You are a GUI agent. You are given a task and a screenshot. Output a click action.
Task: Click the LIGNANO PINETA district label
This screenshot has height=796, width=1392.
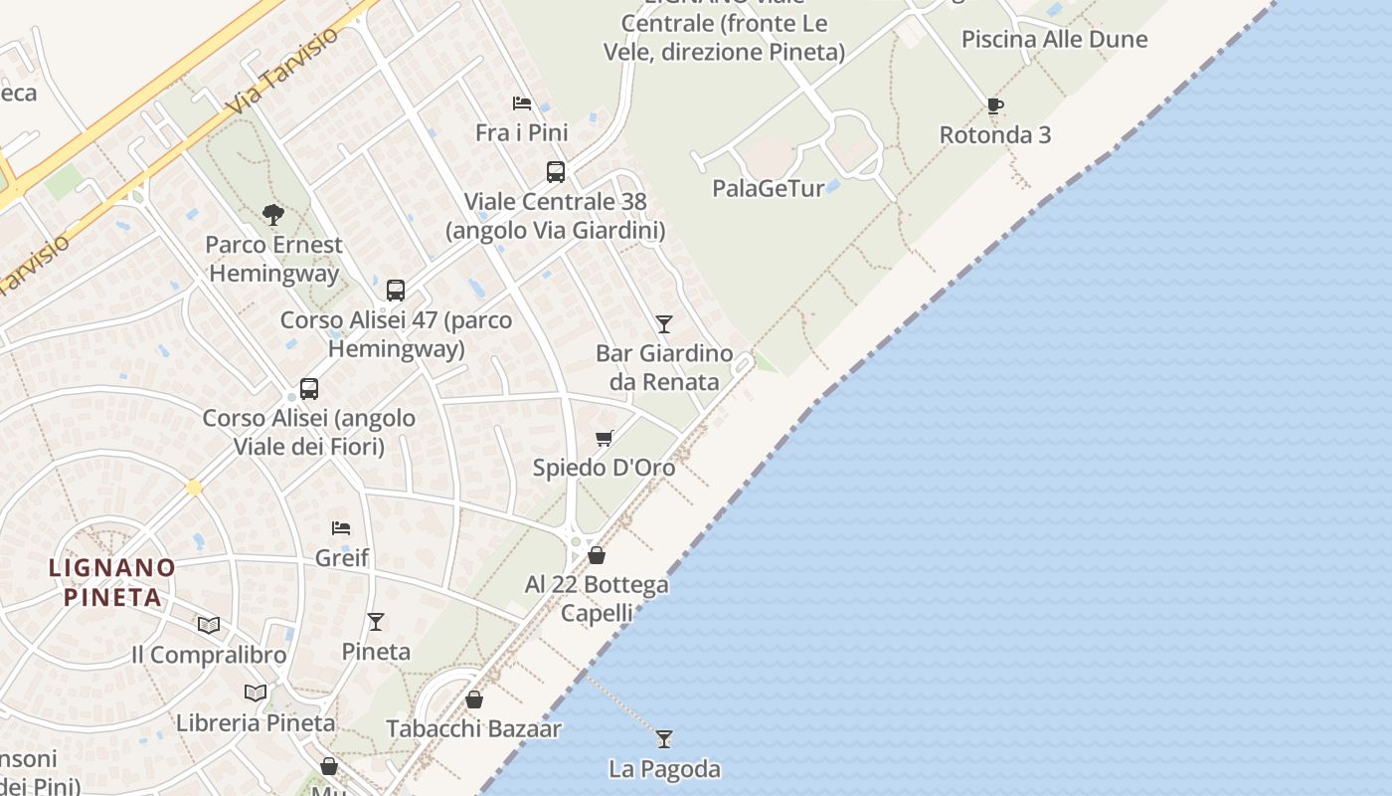point(112,582)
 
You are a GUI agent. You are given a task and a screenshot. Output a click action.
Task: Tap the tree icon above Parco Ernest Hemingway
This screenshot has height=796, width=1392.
point(272,214)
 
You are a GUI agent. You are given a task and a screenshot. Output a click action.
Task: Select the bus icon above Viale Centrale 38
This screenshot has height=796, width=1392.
point(556,172)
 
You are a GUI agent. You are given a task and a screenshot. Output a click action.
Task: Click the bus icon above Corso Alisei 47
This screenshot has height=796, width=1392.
point(396,291)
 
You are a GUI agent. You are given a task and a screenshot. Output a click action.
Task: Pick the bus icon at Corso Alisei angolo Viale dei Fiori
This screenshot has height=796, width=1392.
point(309,389)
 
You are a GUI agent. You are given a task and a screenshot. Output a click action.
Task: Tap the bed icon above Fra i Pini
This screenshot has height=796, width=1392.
point(521,103)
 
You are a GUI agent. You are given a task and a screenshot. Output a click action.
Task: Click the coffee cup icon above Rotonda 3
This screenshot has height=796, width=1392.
point(994,105)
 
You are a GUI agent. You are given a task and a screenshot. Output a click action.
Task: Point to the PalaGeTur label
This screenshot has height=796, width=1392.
point(769,188)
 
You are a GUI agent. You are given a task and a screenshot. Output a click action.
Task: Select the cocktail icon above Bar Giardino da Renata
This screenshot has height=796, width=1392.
point(664,324)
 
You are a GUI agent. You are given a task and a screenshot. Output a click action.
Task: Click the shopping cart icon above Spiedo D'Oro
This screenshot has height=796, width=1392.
point(604,438)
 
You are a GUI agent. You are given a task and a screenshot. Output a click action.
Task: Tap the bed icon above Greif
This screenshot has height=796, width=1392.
point(341,528)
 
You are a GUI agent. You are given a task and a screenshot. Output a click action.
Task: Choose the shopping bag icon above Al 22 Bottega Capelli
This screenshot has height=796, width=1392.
point(597,555)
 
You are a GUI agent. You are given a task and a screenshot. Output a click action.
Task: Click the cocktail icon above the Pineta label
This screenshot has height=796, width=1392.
point(375,622)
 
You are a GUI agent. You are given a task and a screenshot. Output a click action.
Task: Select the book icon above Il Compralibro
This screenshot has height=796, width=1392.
point(209,625)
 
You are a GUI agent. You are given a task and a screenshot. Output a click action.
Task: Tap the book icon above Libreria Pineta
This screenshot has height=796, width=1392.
point(256,693)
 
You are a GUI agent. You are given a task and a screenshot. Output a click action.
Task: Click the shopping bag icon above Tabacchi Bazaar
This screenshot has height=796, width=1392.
point(474,699)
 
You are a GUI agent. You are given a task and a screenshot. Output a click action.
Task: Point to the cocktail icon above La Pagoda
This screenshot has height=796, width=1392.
point(664,739)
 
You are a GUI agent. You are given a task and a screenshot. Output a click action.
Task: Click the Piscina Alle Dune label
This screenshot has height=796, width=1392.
point(1054,40)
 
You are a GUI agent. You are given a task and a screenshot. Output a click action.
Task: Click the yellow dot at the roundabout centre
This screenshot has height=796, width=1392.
point(194,488)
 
